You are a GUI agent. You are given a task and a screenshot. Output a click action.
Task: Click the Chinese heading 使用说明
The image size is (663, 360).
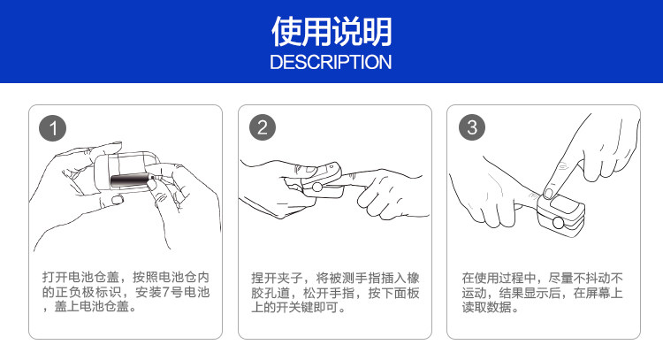(331, 32)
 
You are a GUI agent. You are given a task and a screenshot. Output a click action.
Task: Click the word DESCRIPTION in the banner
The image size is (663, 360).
(331, 62)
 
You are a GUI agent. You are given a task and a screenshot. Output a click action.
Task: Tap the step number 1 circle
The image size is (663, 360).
(54, 128)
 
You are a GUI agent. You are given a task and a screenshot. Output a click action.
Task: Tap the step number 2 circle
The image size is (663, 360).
(263, 128)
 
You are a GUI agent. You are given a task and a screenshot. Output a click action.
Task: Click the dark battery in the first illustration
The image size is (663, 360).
(130, 180)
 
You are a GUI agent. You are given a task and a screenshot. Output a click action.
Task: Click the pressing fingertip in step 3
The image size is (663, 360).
(550, 188)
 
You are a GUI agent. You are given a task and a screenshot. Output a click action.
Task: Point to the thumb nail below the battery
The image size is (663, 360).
(117, 200)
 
